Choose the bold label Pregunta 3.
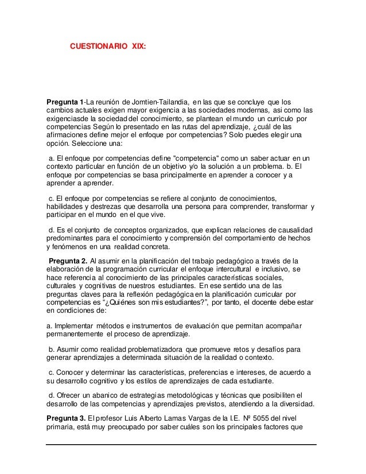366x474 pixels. [65, 417]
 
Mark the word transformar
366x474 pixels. [285, 207]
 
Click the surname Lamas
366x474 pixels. [198, 417]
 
